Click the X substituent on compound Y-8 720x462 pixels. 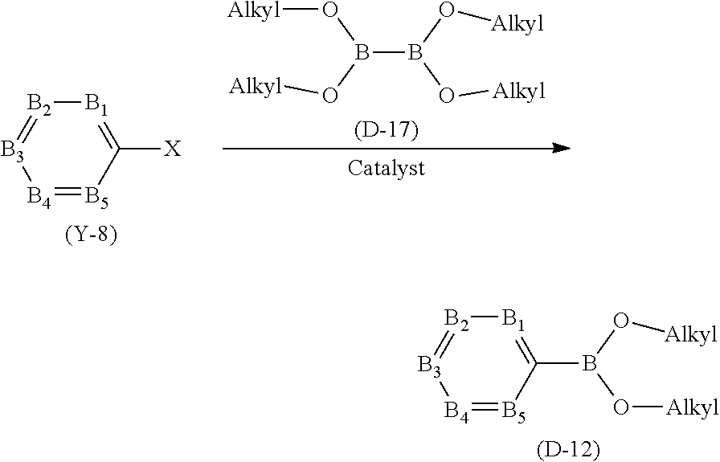tap(173, 149)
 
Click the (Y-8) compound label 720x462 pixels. tap(90, 237)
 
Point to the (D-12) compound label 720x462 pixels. tap(567, 448)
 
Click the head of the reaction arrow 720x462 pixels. tap(562, 149)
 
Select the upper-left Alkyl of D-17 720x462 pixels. tap(254, 11)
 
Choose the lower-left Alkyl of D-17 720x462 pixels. tap(256, 87)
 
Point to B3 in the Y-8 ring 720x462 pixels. tap(12, 149)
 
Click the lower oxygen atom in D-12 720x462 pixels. tap(620, 407)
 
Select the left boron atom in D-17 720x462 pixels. tap(362, 54)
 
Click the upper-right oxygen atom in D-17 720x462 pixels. tap(448, 13)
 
